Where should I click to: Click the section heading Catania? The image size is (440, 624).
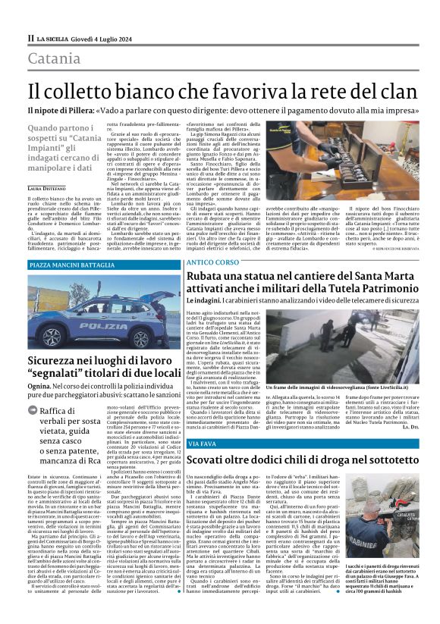(x=55, y=58)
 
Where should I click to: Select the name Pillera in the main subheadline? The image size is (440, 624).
(x=77, y=109)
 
